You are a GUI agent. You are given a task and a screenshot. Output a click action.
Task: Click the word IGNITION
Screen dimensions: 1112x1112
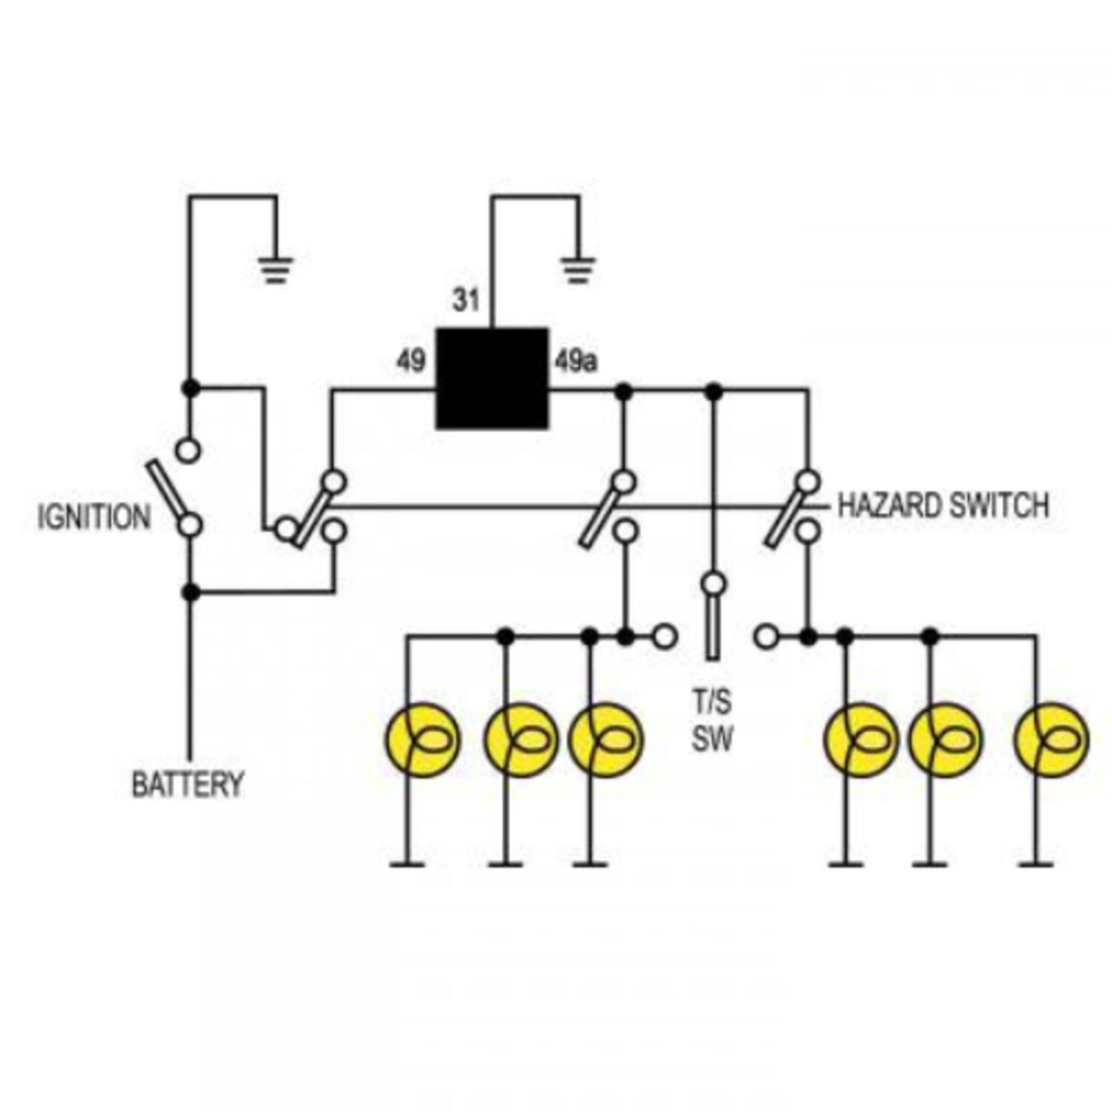(94, 517)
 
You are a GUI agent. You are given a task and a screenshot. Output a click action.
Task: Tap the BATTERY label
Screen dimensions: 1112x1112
(187, 784)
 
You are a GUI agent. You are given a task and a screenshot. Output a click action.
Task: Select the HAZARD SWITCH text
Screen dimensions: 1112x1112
(942, 506)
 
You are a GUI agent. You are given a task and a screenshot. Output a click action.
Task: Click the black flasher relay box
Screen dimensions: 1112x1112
(492, 378)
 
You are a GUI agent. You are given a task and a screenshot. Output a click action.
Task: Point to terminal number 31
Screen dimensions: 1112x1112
(466, 300)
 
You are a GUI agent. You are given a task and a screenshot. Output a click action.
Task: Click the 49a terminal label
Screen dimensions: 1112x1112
(576, 361)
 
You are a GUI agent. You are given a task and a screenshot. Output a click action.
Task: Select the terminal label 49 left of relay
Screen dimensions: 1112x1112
(411, 361)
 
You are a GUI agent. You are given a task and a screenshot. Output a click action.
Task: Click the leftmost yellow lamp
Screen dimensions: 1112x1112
(422, 740)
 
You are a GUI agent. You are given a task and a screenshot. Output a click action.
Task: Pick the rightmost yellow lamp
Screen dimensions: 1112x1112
(1051, 740)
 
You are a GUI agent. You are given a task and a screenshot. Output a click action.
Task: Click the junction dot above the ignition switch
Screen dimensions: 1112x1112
(191, 388)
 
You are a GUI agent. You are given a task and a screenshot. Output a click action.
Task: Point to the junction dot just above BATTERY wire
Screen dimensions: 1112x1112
(191, 592)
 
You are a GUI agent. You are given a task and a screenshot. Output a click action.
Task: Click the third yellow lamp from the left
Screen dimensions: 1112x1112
(605, 740)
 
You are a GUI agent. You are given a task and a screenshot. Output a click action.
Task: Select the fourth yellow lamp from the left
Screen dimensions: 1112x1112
(861, 740)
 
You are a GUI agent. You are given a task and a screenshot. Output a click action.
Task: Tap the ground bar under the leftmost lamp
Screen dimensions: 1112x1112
(408, 865)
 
